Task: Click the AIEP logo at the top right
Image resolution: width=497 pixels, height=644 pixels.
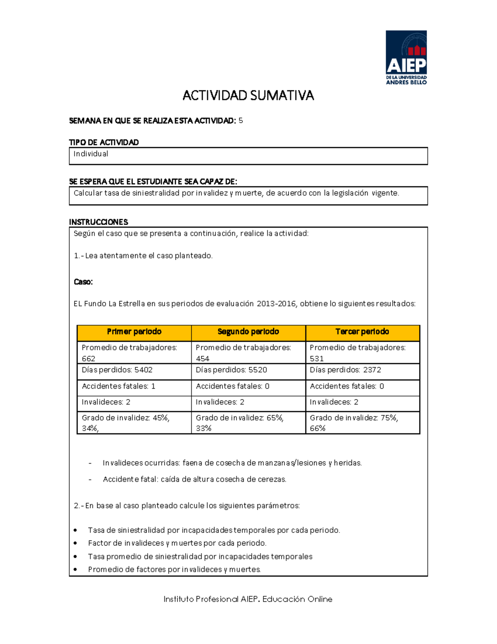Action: (x=406, y=57)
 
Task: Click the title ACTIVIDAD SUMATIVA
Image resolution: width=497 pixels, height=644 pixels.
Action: (x=248, y=96)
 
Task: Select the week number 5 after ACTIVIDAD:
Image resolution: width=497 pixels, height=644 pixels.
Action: (x=241, y=121)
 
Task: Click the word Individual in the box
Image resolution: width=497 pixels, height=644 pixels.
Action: (x=91, y=154)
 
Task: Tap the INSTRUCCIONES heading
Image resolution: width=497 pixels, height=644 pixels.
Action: (x=98, y=222)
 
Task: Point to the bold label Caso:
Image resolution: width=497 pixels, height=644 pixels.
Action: (x=83, y=282)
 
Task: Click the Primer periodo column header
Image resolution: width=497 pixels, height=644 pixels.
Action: (x=134, y=332)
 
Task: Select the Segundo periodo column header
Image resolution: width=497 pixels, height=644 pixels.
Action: (x=248, y=332)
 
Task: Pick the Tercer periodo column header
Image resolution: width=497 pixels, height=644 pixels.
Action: (x=362, y=332)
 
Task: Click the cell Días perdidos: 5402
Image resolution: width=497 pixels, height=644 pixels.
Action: (x=117, y=370)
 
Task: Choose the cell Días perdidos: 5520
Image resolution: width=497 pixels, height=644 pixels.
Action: (x=231, y=370)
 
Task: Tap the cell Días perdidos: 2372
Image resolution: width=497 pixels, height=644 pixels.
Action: (x=345, y=370)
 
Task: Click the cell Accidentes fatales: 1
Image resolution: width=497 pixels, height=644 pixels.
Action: (x=118, y=386)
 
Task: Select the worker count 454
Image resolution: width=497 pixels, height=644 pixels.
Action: (x=203, y=359)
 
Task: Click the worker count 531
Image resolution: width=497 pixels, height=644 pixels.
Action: (x=316, y=359)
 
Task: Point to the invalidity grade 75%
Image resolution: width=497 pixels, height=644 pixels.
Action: (x=389, y=418)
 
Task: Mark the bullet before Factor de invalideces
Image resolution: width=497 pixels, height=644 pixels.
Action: (x=75, y=543)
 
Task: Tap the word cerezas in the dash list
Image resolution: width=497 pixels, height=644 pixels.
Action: (x=273, y=479)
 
